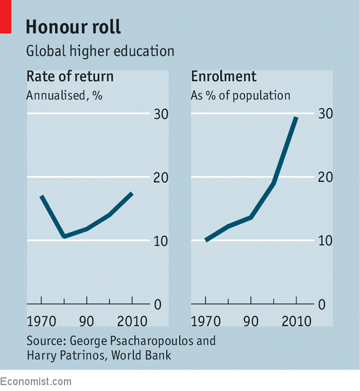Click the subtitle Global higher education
tap(100, 51)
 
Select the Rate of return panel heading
tap(70, 76)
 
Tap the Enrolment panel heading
tap(223, 76)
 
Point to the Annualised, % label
tap(64, 95)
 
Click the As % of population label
tap(240, 95)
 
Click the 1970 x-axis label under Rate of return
tap(42, 321)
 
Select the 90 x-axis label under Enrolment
tap(251, 321)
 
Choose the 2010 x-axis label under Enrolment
tap(296, 321)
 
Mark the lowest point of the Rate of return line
tap(64, 237)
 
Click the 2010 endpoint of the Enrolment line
tap(296, 118)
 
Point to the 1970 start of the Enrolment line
tap(206, 240)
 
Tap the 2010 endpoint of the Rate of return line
tap(131, 193)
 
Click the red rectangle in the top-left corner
tap(5, 16)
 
